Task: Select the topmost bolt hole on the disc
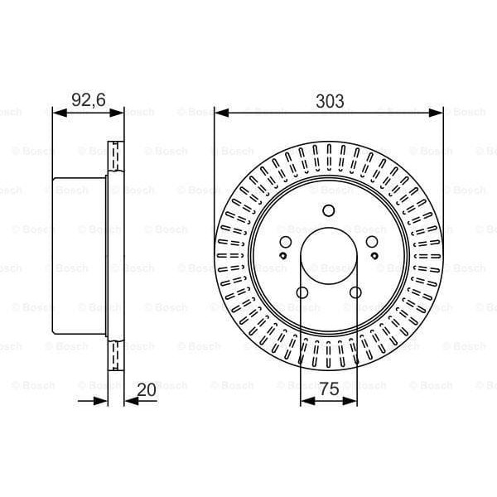click(x=329, y=210)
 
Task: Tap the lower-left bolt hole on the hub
click(x=302, y=292)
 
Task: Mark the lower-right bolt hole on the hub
click(x=355, y=292)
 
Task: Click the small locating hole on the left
click(x=283, y=256)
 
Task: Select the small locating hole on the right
click(x=374, y=256)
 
